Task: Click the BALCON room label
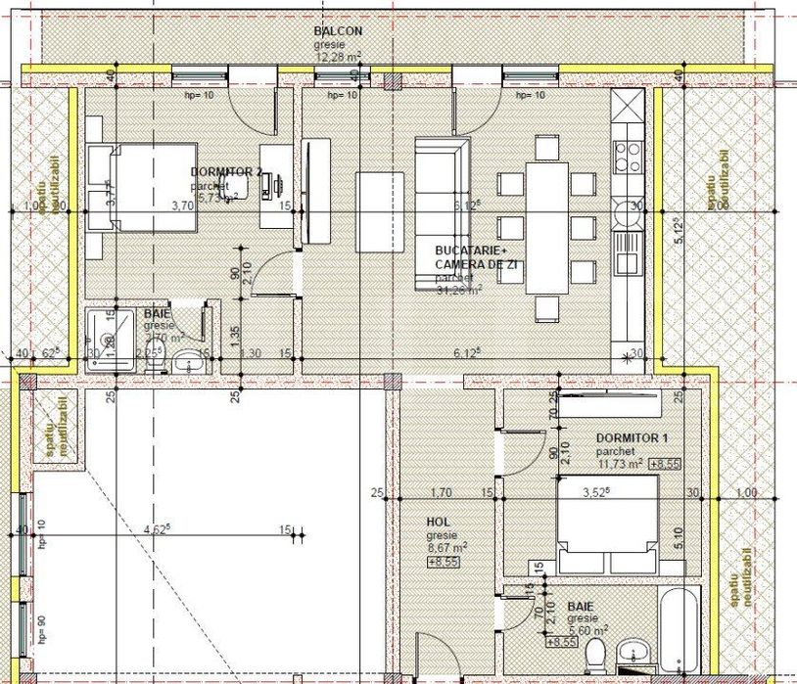tap(338, 31)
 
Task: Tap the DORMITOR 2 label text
tap(227, 171)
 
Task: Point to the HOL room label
tap(438, 523)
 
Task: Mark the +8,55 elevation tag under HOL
tap(442, 562)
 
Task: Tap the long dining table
tap(546, 227)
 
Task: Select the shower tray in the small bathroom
tap(110, 338)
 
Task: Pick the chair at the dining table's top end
tap(546, 148)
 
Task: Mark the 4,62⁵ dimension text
tap(154, 529)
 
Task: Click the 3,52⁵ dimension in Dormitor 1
tap(596, 492)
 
